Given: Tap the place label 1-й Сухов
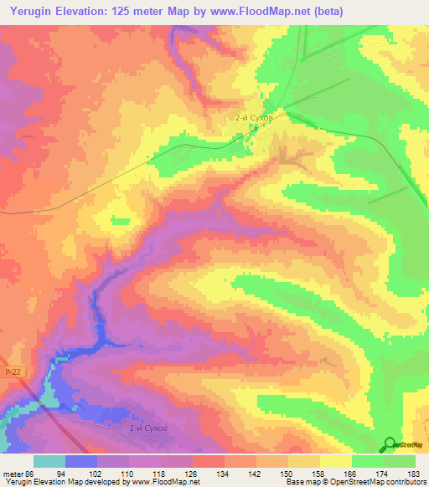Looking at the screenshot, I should [149, 428].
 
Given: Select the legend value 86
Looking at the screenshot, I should [31, 473].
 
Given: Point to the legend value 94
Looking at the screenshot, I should [61, 473].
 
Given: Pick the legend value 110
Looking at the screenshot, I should [126, 473].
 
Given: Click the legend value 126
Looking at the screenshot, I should [191, 473].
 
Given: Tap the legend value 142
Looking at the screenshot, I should [256, 473].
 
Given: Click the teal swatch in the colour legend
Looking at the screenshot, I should [49, 461].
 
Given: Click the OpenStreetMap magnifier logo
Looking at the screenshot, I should [390, 444].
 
